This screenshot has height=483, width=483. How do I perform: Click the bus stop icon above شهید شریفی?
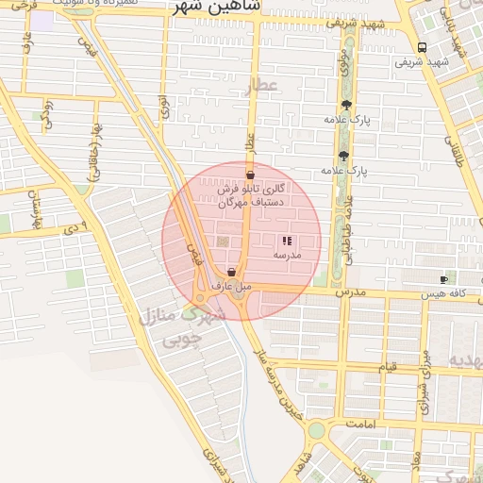pyautogui.click(x=421, y=47)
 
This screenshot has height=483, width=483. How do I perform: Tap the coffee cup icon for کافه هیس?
pyautogui.click(x=444, y=279)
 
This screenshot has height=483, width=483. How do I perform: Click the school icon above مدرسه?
pyautogui.click(x=287, y=241)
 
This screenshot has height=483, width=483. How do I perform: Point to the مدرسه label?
pyautogui.click(x=287, y=256)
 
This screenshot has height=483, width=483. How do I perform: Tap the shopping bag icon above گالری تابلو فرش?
pyautogui.click(x=250, y=175)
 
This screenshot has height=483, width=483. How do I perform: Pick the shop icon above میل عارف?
pyautogui.click(x=231, y=273)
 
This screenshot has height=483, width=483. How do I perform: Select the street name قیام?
pyautogui.click(x=388, y=366)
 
